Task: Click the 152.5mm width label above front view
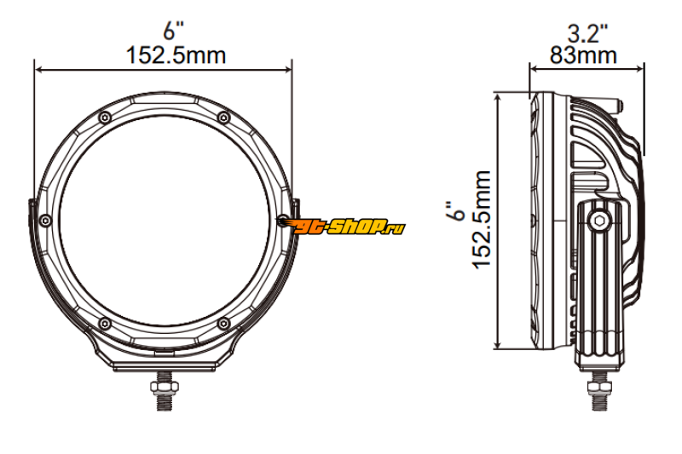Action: (x=176, y=55)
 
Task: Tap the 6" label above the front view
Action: (x=173, y=31)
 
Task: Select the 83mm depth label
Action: (x=583, y=55)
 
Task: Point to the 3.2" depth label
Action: (x=587, y=33)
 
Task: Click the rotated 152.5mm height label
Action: (x=482, y=220)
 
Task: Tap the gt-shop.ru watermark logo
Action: (x=342, y=226)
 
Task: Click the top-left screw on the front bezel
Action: (x=105, y=118)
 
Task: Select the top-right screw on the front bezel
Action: (x=223, y=118)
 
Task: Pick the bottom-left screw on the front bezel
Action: (x=105, y=323)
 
